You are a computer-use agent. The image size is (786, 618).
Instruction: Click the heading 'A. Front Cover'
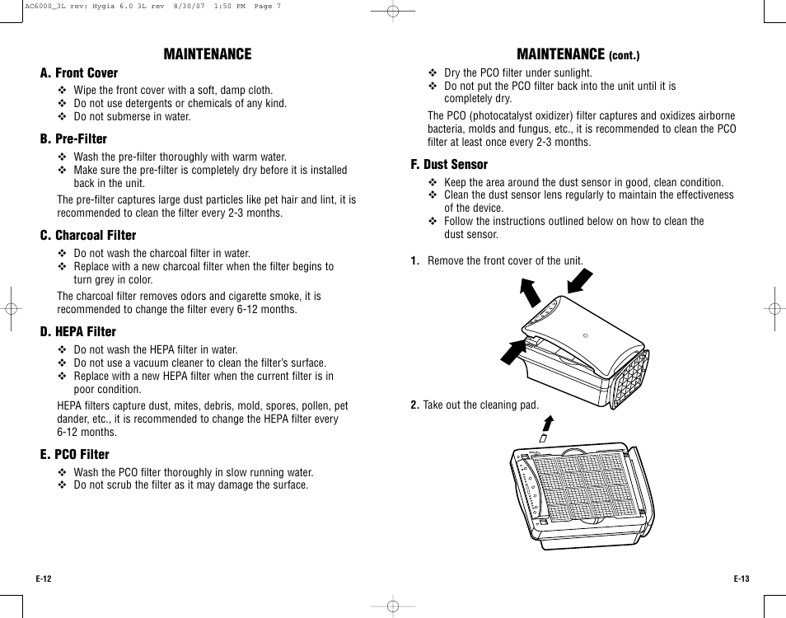tap(79, 73)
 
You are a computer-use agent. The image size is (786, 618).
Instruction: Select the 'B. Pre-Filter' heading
tap(73, 139)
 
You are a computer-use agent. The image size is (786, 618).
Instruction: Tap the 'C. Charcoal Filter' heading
tap(88, 236)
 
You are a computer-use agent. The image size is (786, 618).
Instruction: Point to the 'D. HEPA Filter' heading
tap(78, 332)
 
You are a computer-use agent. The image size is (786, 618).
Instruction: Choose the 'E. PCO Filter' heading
tap(74, 455)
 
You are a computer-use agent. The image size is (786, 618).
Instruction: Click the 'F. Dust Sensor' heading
tap(449, 165)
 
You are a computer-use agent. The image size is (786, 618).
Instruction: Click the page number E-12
tap(44, 579)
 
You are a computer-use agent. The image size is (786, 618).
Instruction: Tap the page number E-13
tap(742, 579)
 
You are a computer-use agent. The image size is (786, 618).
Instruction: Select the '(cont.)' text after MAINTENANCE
tap(624, 57)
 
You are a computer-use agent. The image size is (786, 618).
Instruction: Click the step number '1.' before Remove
tap(416, 261)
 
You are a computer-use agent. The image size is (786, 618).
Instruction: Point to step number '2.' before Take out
tap(415, 405)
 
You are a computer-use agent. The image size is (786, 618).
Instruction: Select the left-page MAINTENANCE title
tap(207, 54)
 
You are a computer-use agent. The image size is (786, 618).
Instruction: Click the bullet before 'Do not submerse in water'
tap(62, 117)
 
